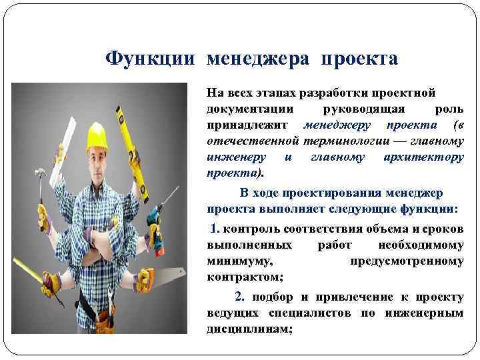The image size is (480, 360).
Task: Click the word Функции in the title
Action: pos(151,59)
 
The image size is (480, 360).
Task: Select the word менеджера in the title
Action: pos(259,59)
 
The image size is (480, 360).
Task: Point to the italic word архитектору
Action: pos(424,157)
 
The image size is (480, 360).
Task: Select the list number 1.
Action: pos(214,229)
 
